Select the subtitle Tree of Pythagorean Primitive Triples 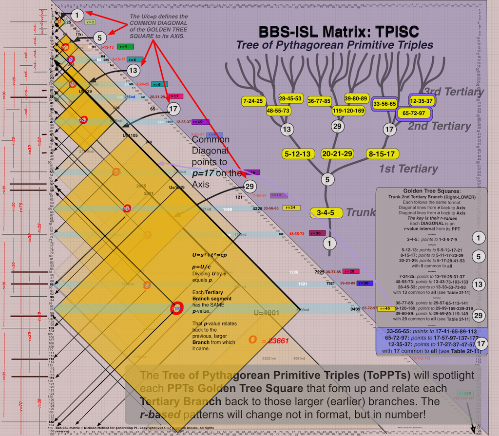(x=334, y=45)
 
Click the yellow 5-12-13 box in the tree (x=297, y=154)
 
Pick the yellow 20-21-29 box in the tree (x=337, y=154)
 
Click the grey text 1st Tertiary (x=408, y=169)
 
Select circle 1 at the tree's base (x=330, y=242)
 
